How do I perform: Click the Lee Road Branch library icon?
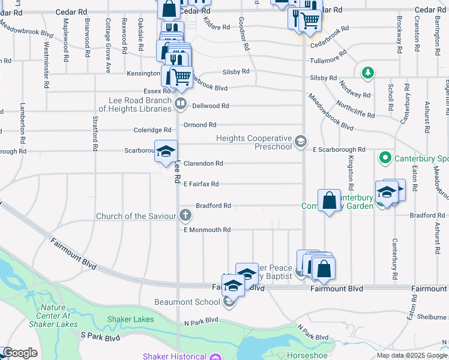pyautogui.click(x=180, y=104)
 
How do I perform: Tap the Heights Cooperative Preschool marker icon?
pyautogui.click(x=301, y=142)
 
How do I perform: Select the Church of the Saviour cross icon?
pyautogui.click(x=186, y=215)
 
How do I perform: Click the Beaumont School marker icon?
pyautogui.click(x=229, y=302)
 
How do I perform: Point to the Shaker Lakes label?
pyautogui.click(x=130, y=319)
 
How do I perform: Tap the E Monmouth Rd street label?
pyautogui.click(x=207, y=230)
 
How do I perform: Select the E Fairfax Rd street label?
pyautogui.click(x=201, y=184)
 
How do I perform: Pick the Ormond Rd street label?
pyautogui.click(x=199, y=125)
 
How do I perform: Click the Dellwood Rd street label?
pyautogui.click(x=210, y=106)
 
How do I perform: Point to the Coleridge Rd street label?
pyautogui.click(x=152, y=130)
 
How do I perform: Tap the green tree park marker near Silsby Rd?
pyautogui.click(x=368, y=73)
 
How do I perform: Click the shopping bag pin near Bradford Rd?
pyautogui.click(x=330, y=200)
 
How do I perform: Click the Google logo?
pyautogui.click(x=20, y=353)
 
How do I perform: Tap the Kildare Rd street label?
pyautogui.click(x=217, y=27)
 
